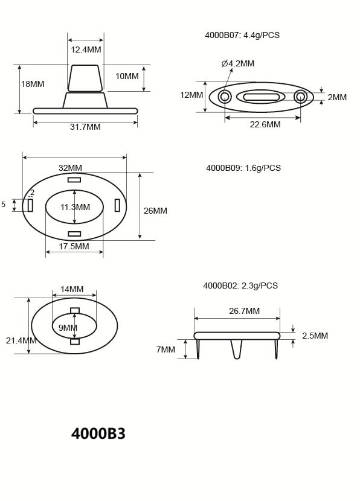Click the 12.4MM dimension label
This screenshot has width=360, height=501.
85,49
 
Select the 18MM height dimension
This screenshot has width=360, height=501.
33,84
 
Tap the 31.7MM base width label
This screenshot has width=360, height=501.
85,127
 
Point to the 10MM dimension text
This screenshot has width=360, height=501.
127,76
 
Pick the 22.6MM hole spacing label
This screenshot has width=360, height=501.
265,124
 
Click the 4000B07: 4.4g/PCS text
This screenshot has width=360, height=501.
242,35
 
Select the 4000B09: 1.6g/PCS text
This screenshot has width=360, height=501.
243,168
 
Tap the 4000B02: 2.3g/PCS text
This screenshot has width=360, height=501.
240,286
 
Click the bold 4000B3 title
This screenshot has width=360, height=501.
98,433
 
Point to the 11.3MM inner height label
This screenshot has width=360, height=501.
75,207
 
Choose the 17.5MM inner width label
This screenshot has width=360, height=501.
74,246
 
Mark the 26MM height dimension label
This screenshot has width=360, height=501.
155,211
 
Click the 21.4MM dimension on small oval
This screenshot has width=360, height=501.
21,340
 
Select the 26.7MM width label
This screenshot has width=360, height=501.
245,311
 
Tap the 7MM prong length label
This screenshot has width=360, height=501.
166,349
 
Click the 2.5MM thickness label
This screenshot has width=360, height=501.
315,336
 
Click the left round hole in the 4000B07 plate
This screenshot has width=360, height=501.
225,97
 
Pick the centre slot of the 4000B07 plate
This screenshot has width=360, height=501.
261,97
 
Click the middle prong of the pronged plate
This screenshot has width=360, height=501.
237,349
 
